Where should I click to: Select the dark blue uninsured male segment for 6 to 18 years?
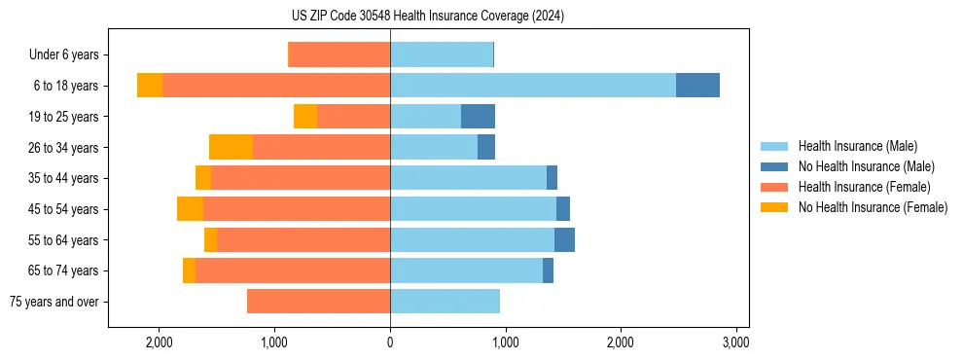[697, 86]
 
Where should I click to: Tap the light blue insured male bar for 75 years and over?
[445, 302]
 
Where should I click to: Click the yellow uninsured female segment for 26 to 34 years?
[231, 147]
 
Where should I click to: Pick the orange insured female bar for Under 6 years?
[339, 55]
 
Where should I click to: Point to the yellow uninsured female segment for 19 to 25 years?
[305, 117]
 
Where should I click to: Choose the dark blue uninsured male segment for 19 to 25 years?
[478, 117]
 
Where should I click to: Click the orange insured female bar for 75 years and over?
[318, 302]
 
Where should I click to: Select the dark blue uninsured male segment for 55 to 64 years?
[564, 240]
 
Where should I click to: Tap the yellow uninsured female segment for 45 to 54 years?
[190, 209]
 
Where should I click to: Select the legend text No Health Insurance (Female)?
[873, 207]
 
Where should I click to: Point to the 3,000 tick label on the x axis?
[735, 342]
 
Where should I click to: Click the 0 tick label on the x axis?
[390, 342]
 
